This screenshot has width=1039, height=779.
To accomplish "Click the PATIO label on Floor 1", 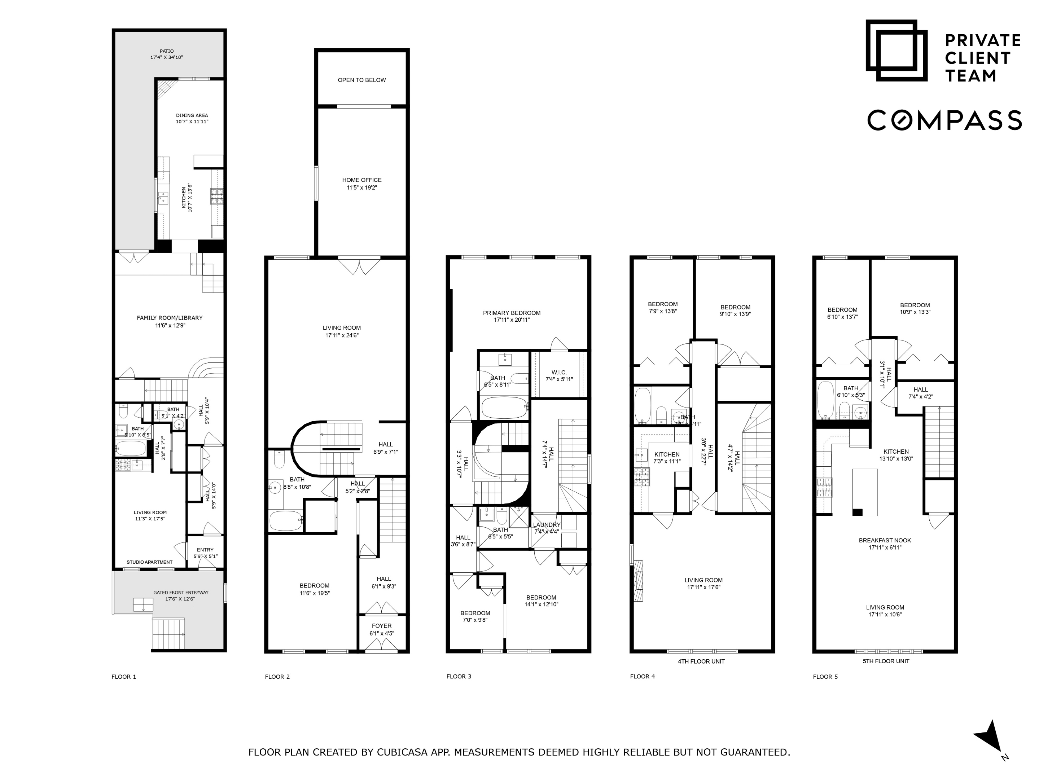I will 166,51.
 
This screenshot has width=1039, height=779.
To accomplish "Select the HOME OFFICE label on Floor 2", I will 362,180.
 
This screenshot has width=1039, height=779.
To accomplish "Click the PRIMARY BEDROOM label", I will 512,313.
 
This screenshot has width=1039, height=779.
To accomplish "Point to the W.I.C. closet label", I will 559,372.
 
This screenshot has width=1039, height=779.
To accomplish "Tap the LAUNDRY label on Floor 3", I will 547,525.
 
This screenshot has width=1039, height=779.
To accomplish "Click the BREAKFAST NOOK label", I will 885,541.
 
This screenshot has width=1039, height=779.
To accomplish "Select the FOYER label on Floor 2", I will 381,626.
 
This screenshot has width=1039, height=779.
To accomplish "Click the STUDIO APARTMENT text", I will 149,562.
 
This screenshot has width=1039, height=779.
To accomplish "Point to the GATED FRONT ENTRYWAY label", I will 181,593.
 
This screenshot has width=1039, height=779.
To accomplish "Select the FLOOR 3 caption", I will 459,677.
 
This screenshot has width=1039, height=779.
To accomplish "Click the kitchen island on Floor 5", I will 865,492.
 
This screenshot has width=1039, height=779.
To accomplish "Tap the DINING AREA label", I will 192,115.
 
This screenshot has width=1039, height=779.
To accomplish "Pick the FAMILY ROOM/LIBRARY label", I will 170,318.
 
